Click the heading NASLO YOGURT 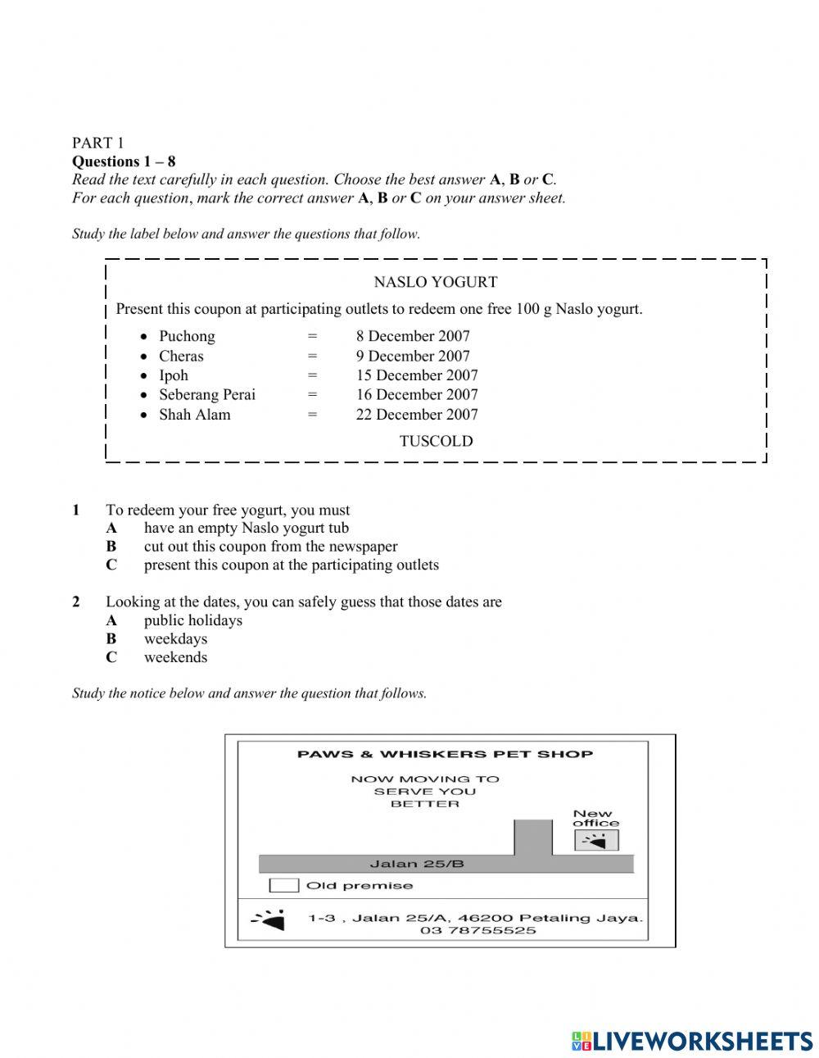click(x=435, y=282)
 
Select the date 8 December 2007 click(x=412, y=336)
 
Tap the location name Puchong click(x=187, y=336)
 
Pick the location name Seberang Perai click(x=207, y=395)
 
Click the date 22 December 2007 click(x=416, y=415)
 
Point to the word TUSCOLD click(x=436, y=441)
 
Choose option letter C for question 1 click(x=111, y=565)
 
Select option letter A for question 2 click(x=111, y=620)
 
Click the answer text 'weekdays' click(x=175, y=638)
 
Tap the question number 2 click(x=76, y=602)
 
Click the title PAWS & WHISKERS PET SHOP click(x=445, y=754)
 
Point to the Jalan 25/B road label click(x=417, y=864)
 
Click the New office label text click(x=595, y=818)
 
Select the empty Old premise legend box click(x=284, y=885)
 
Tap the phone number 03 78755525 click(x=478, y=930)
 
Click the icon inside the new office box click(x=597, y=841)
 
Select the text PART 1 click(x=97, y=143)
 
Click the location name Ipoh click(x=174, y=375)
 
